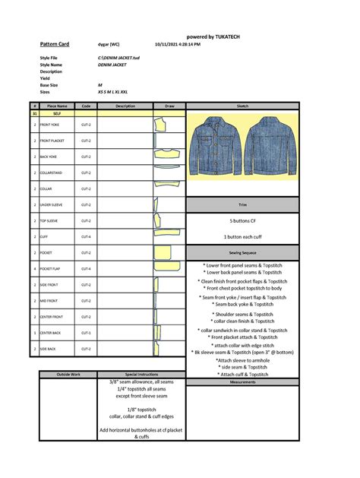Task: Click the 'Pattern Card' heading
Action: tap(54, 45)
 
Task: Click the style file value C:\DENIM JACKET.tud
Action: tap(119, 58)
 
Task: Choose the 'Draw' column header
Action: tap(169, 106)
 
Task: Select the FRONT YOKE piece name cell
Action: tap(55, 124)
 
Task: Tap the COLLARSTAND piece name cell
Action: tap(55, 173)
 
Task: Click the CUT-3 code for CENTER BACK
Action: tap(86, 333)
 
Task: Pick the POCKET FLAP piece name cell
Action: tap(55, 268)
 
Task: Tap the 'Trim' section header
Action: tap(243, 204)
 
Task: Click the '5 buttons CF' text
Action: tap(243, 220)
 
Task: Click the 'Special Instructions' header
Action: tap(141, 375)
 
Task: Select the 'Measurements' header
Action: tap(243, 381)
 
